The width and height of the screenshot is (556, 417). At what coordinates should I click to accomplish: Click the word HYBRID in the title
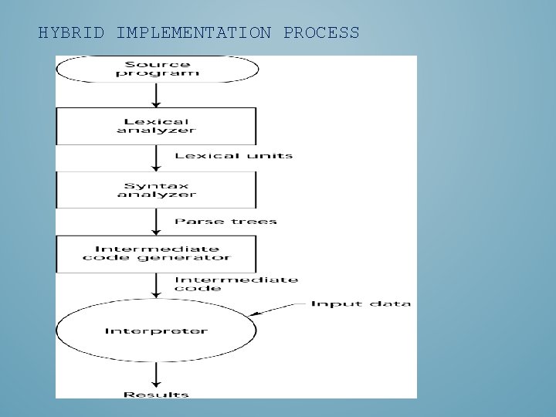pyautogui.click(x=71, y=33)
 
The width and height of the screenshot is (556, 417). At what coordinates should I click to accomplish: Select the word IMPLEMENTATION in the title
pyautogui.click(x=193, y=33)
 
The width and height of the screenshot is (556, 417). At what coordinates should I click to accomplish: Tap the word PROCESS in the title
pyautogui.click(x=321, y=33)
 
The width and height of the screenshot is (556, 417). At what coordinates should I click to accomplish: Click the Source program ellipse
pyautogui.click(x=157, y=69)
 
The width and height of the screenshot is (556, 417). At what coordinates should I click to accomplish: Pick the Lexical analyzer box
pyautogui.click(x=156, y=126)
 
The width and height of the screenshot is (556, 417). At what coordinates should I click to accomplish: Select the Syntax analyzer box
pyautogui.click(x=156, y=190)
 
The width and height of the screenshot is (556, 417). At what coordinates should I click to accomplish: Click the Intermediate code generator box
pyautogui.click(x=156, y=253)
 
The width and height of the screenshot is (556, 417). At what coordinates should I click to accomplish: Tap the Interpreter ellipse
pyautogui.click(x=156, y=331)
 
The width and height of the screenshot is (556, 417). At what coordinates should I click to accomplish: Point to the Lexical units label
pyautogui.click(x=233, y=156)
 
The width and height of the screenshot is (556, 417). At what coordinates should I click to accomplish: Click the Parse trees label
pyautogui.click(x=225, y=222)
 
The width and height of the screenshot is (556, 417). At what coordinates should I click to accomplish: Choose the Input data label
pyautogui.click(x=361, y=303)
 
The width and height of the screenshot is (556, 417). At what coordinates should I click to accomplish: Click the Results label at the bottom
pyautogui.click(x=157, y=395)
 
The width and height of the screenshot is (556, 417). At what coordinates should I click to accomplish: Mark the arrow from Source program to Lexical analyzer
pyautogui.click(x=157, y=95)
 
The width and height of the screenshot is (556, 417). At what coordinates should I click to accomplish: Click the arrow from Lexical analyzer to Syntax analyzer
pyautogui.click(x=157, y=158)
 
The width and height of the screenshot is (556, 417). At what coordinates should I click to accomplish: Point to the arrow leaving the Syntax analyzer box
pyautogui.click(x=157, y=222)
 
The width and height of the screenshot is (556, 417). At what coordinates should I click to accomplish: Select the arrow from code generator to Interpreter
pyautogui.click(x=157, y=285)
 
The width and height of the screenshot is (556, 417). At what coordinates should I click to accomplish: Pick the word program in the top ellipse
pyautogui.click(x=157, y=74)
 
